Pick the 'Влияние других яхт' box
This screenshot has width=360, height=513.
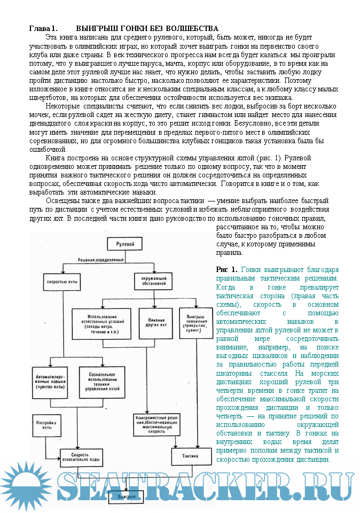click(152, 322)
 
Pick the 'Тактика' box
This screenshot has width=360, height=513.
click(191, 456)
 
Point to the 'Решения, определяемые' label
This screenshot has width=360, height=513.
click(101, 259)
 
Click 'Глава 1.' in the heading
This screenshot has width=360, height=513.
click(43, 28)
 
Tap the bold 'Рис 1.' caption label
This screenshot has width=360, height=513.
click(226, 269)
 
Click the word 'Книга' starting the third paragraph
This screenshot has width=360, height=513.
click(56, 158)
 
